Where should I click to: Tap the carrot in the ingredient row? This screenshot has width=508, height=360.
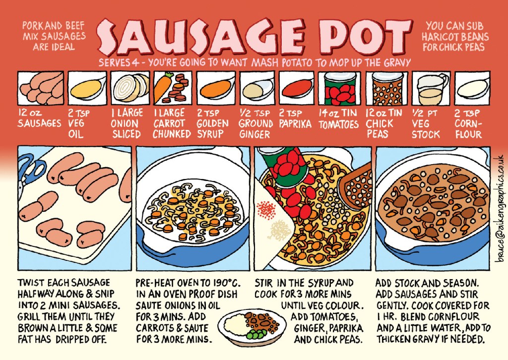pos(165,87)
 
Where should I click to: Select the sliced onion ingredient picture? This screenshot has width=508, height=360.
pos(130,87)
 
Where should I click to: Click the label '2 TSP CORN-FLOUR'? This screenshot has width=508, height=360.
pos(468,123)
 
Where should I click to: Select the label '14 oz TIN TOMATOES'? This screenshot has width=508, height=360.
pos(338,119)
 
